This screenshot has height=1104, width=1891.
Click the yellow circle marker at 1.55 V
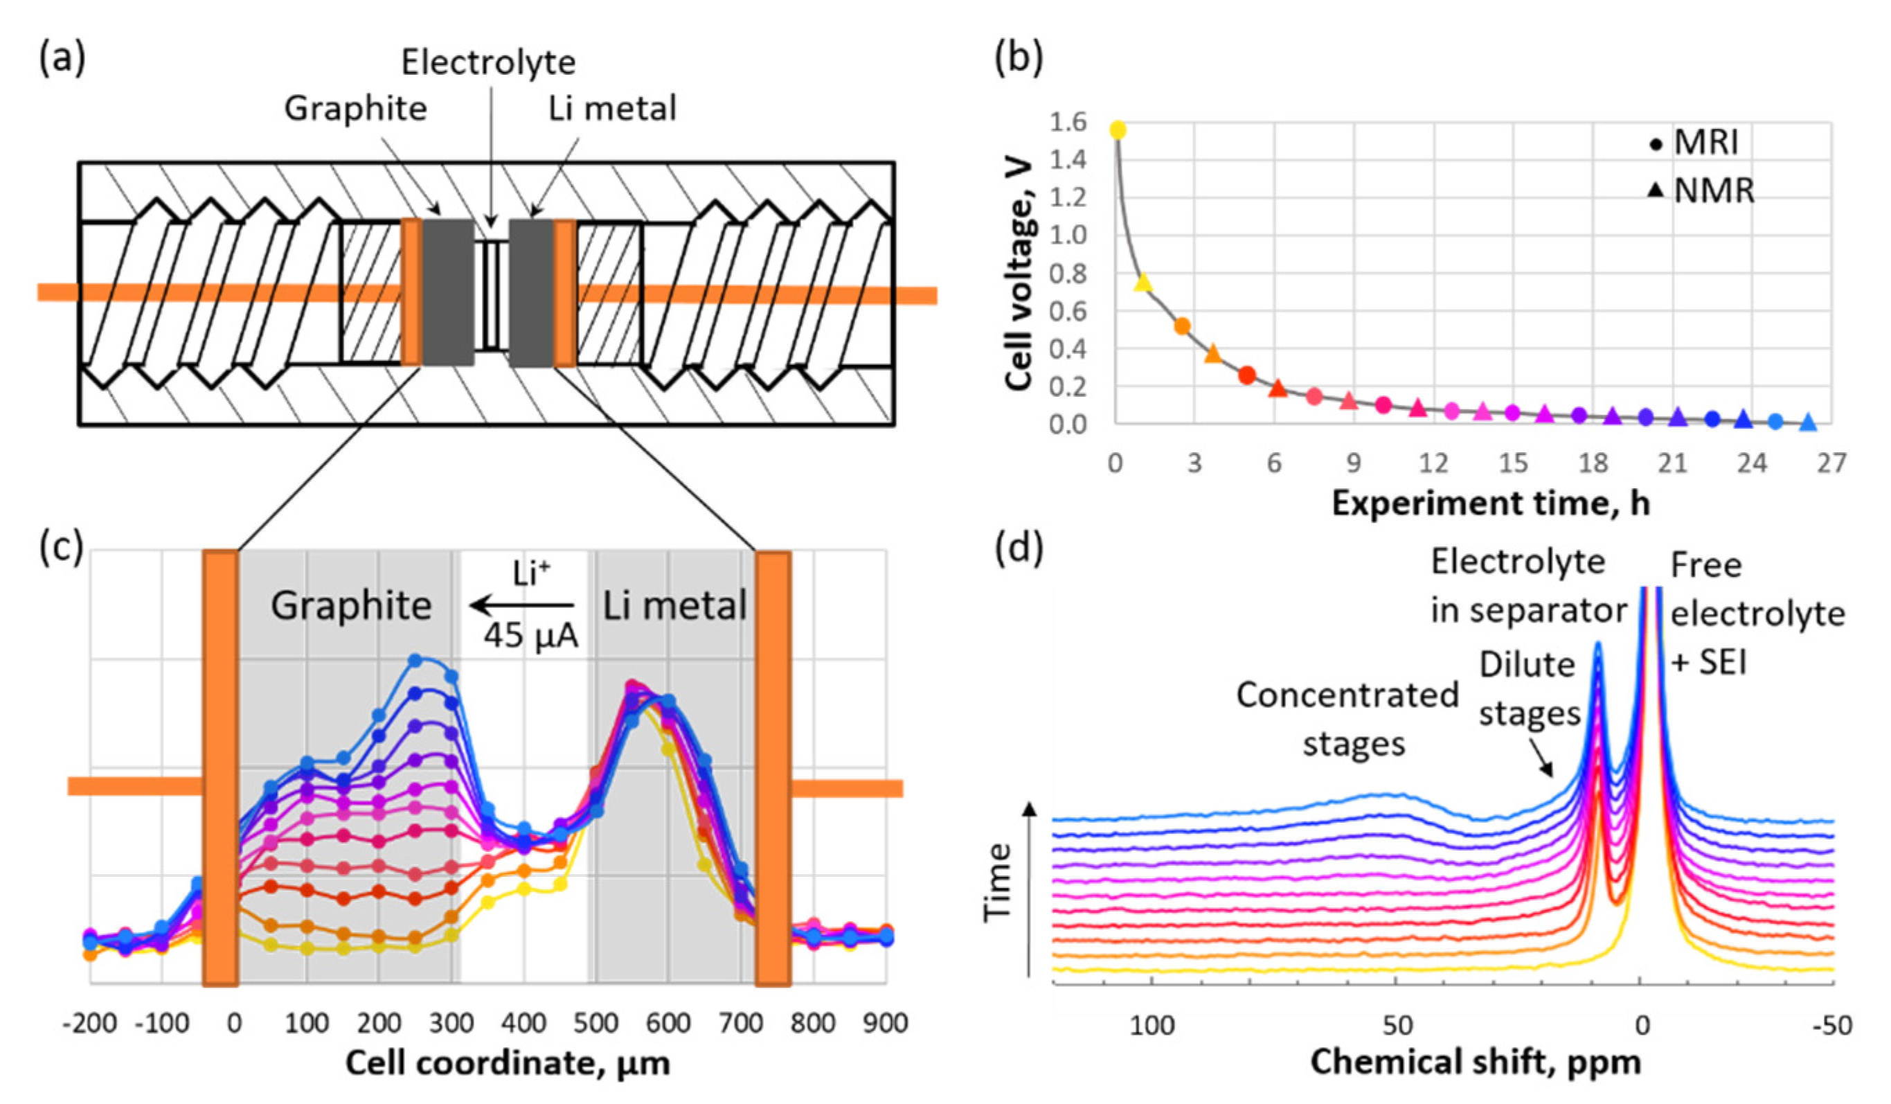[1118, 131]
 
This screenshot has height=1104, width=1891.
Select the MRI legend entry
[1696, 143]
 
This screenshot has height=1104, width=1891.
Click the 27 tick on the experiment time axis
[1831, 463]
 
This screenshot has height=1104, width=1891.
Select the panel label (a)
[62, 59]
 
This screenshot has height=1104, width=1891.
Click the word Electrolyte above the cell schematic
[489, 62]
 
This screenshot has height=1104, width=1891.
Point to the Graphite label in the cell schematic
[356, 109]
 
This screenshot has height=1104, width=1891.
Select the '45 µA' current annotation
[530, 636]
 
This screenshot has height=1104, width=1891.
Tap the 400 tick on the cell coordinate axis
[523, 1022]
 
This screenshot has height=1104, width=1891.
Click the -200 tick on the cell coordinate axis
[90, 1022]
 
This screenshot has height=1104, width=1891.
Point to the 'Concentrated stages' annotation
[1347, 719]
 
